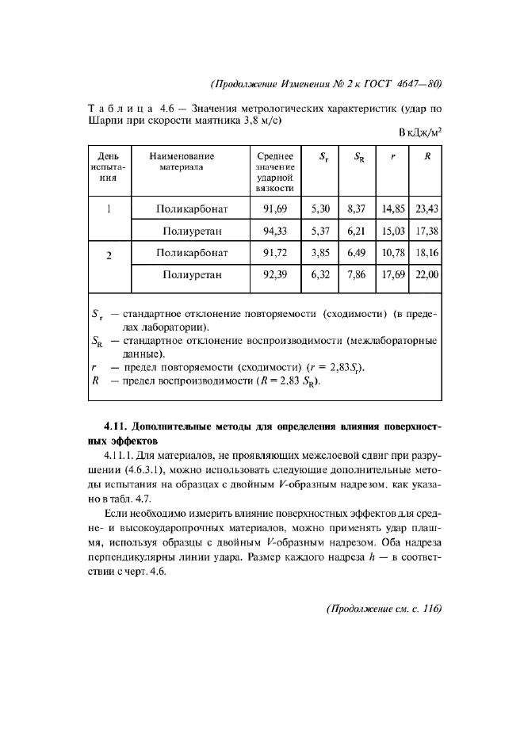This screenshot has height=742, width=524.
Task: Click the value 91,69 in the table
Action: click(x=274, y=209)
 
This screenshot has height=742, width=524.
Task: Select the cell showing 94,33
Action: click(x=274, y=231)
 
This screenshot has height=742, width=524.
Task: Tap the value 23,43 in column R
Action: click(x=426, y=209)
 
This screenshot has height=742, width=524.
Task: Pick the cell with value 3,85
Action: click(x=320, y=254)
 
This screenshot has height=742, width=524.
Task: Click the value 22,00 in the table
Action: click(x=426, y=276)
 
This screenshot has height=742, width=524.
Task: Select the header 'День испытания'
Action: click(x=108, y=167)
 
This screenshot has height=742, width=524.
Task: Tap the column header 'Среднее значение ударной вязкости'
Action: click(x=274, y=173)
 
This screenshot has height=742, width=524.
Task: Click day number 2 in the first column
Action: click(x=108, y=255)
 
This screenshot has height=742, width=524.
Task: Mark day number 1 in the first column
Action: click(x=108, y=210)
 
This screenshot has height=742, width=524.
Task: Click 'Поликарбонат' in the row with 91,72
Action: click(x=193, y=254)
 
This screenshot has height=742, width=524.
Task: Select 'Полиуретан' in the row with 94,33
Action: click(x=193, y=231)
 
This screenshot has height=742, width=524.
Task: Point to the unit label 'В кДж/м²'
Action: click(x=420, y=132)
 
